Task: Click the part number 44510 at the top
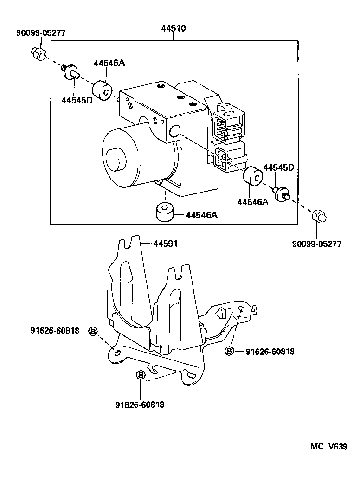[x=174, y=28]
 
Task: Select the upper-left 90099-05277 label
[x=41, y=33]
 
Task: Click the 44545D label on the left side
[x=77, y=100]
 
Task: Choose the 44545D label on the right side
[x=279, y=167]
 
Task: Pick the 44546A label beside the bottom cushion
[x=202, y=215]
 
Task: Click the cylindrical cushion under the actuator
[x=164, y=212]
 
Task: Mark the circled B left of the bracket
[x=92, y=331]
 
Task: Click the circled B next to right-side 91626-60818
[x=229, y=351]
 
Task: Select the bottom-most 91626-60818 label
[x=140, y=405]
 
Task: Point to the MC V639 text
[x=329, y=447]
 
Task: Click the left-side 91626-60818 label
[x=55, y=331]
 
